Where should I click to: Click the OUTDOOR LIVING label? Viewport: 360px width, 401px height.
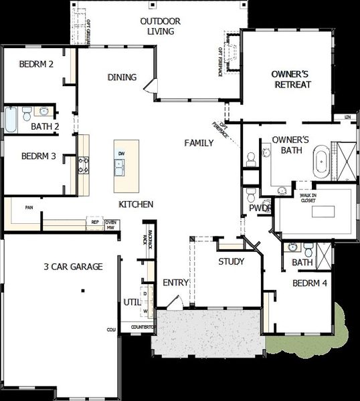158,26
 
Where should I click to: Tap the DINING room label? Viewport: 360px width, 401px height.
122,78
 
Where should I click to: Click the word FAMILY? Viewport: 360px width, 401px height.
199,143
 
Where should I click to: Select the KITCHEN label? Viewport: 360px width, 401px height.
137,204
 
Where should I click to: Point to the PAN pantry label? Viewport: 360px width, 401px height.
29,208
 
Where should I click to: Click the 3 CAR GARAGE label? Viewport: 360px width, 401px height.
73,267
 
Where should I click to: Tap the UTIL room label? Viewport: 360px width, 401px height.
131,303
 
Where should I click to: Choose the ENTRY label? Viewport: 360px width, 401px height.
176,283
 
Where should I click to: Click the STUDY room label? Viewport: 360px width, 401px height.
231,261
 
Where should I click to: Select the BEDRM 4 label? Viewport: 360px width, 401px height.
310,283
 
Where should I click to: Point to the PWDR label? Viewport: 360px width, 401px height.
258,208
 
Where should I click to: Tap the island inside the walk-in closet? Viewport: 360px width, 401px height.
323,213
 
